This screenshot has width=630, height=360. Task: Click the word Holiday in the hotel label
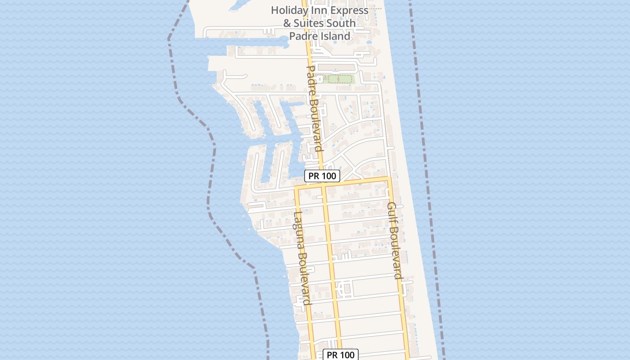289,10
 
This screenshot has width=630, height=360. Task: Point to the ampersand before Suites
287,23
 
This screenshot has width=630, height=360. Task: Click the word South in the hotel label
343,23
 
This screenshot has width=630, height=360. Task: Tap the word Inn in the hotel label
317,10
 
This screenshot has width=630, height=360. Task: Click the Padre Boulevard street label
314,108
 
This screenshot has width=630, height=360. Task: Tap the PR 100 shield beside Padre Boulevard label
322,176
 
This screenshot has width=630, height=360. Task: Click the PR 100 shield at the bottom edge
341,355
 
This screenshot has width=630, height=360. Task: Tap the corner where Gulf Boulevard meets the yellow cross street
388,179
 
